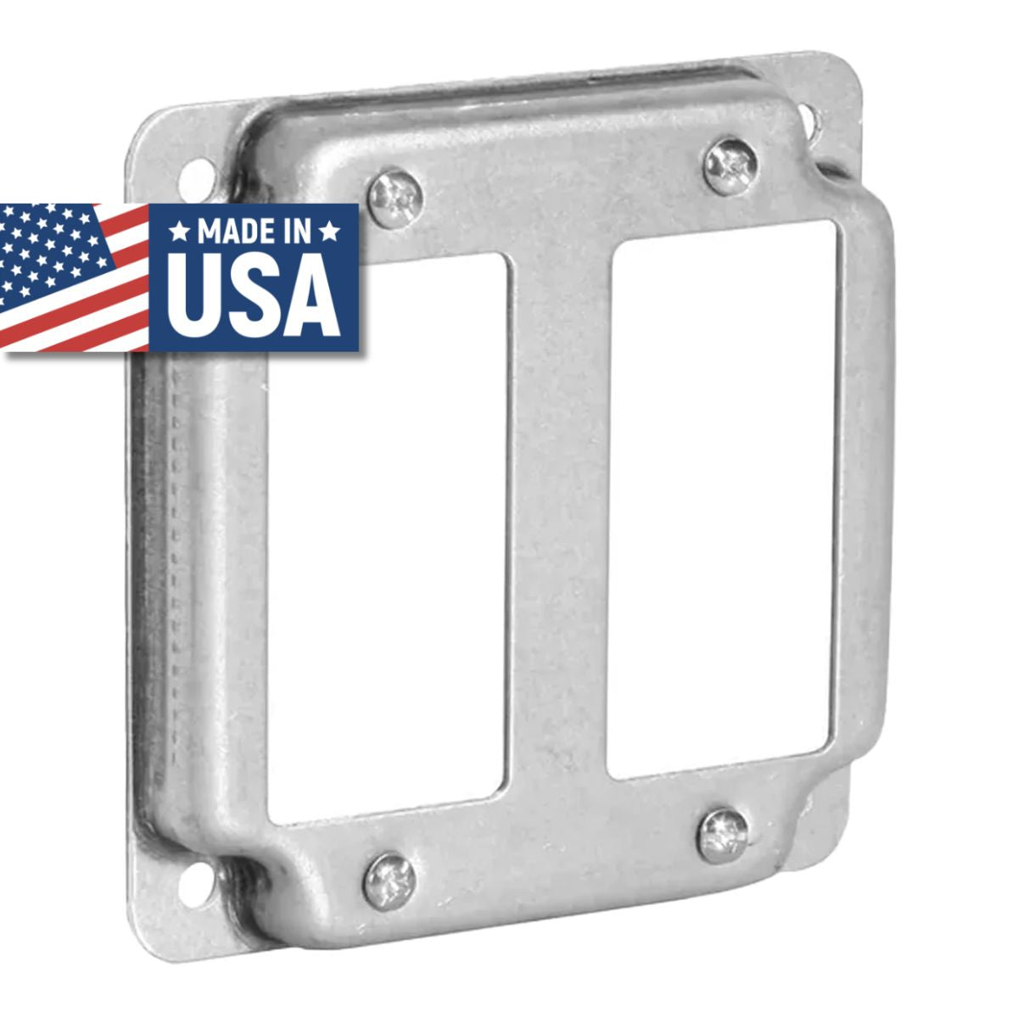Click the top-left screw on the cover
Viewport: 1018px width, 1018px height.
[x=396, y=198]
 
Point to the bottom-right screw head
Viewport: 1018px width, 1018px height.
[x=723, y=835]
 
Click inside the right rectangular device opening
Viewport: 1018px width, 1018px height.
[x=721, y=501]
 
